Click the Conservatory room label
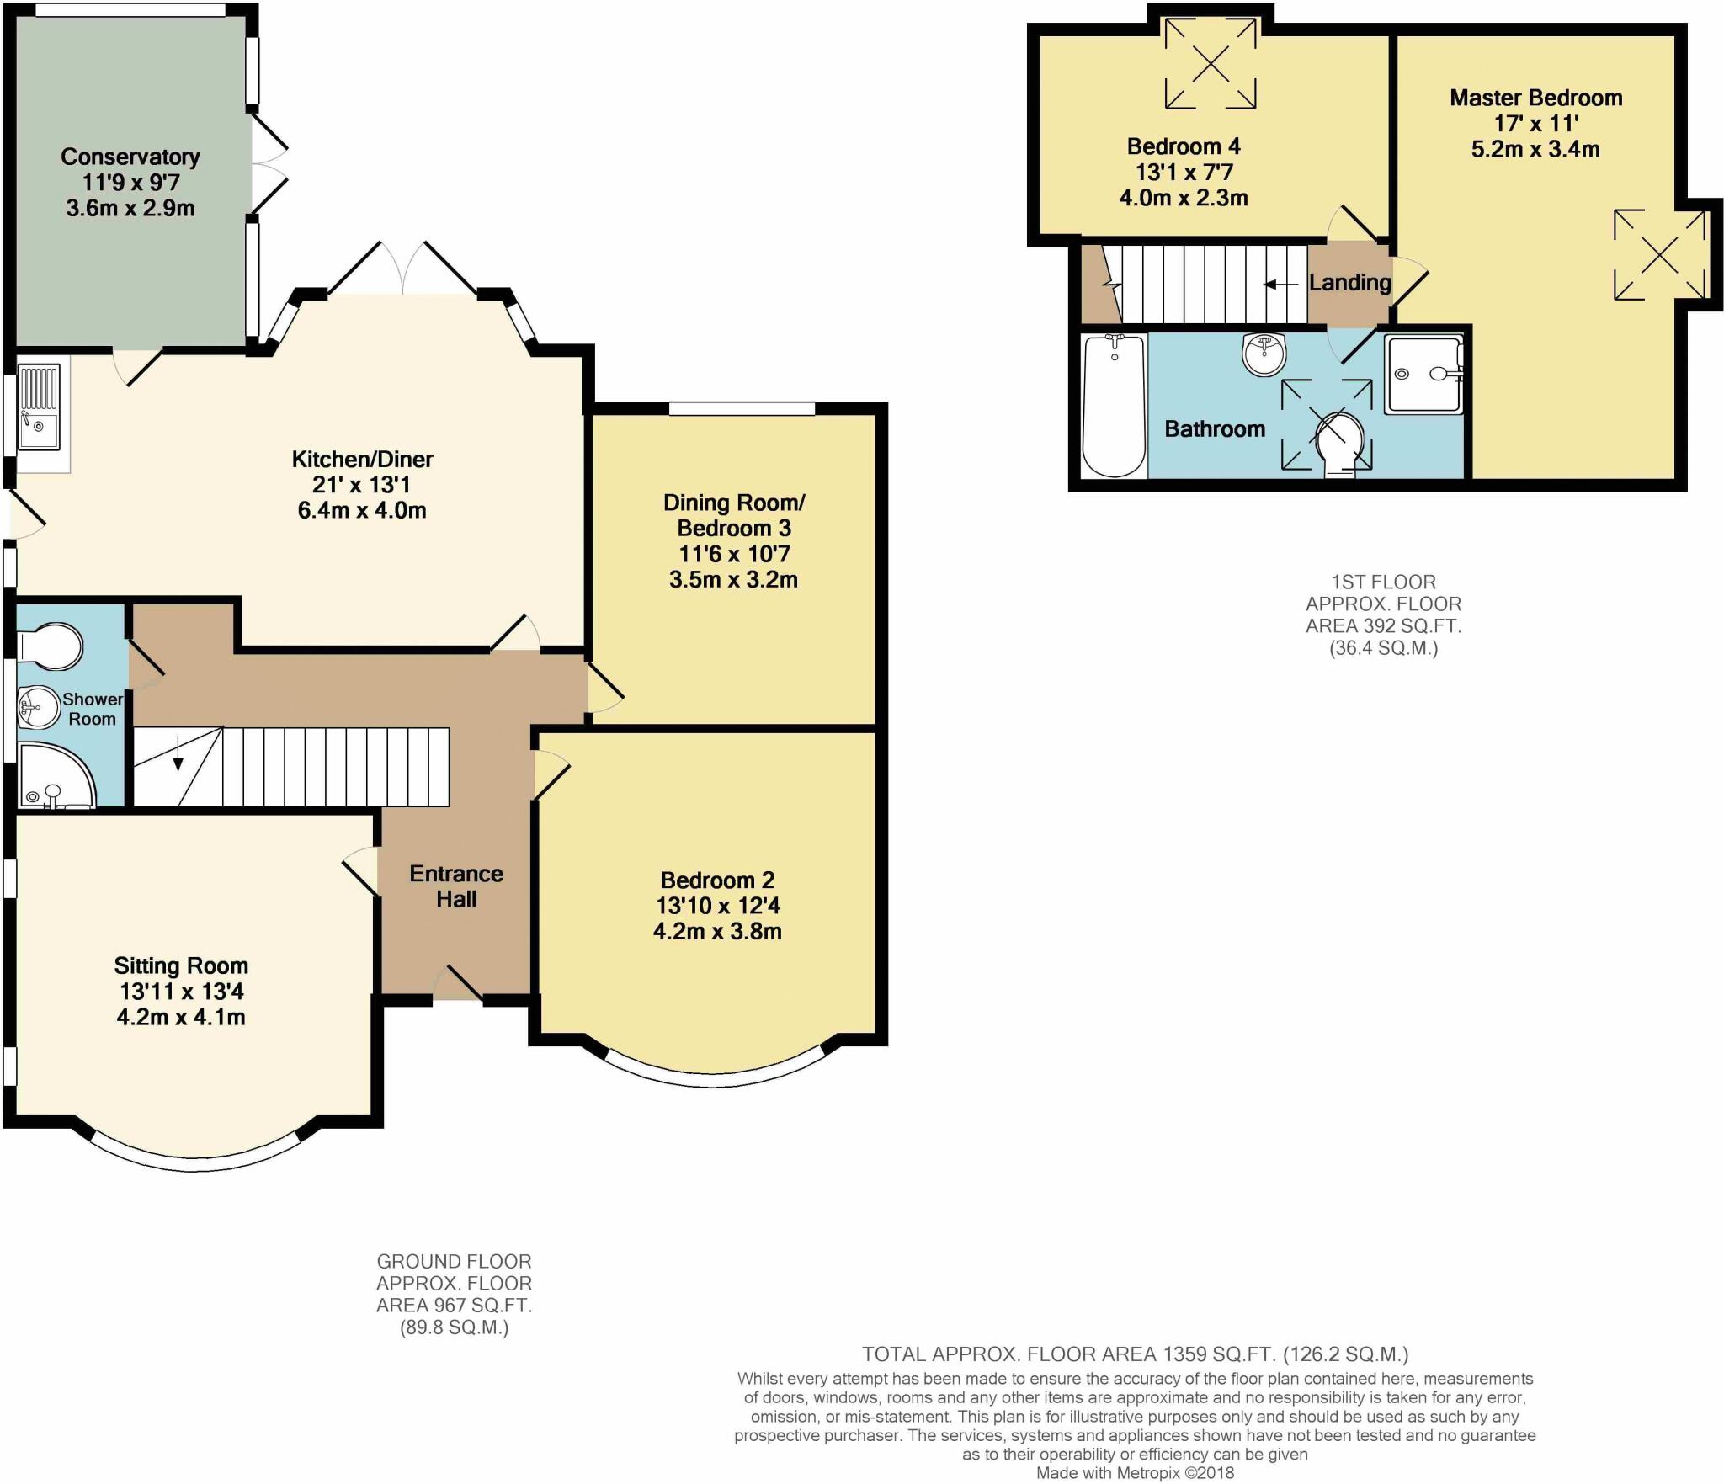(x=130, y=157)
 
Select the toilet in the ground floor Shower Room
(x=51, y=646)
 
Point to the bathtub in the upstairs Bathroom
(x=1114, y=406)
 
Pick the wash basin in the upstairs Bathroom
(x=1264, y=354)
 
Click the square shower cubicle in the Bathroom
(x=1424, y=375)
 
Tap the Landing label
(x=1349, y=282)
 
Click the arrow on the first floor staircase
(x=1280, y=285)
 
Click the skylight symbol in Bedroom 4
(x=1211, y=63)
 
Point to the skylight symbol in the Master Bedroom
(x=1659, y=254)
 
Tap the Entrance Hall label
(x=456, y=886)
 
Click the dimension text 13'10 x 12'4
(x=718, y=906)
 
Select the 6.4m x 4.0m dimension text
(x=362, y=510)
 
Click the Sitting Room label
(x=181, y=965)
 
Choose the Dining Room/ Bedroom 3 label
(x=734, y=515)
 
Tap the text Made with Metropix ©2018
(x=1135, y=1473)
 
